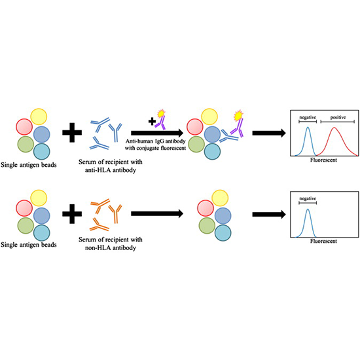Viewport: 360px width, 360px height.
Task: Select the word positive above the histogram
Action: [337, 117]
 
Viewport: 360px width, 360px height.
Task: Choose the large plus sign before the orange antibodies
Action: [71, 213]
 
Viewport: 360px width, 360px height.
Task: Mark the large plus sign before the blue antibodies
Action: [71, 134]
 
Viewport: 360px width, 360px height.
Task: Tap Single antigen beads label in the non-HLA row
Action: [33, 243]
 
